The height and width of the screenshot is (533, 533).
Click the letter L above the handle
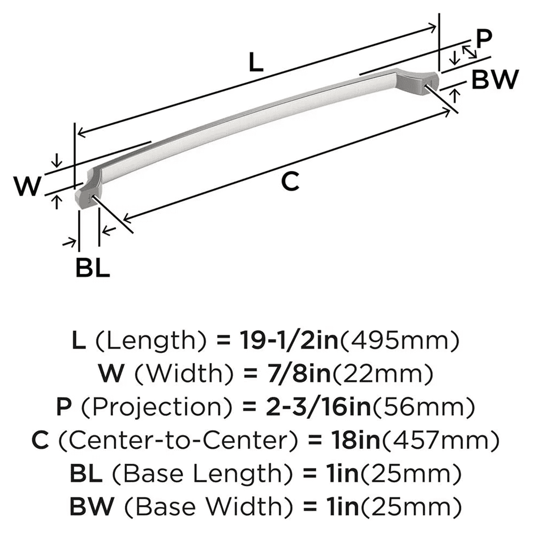pyautogui.click(x=256, y=64)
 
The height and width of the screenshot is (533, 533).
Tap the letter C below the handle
pyautogui.click(x=289, y=182)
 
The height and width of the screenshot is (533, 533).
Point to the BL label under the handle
pyautogui.click(x=92, y=268)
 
